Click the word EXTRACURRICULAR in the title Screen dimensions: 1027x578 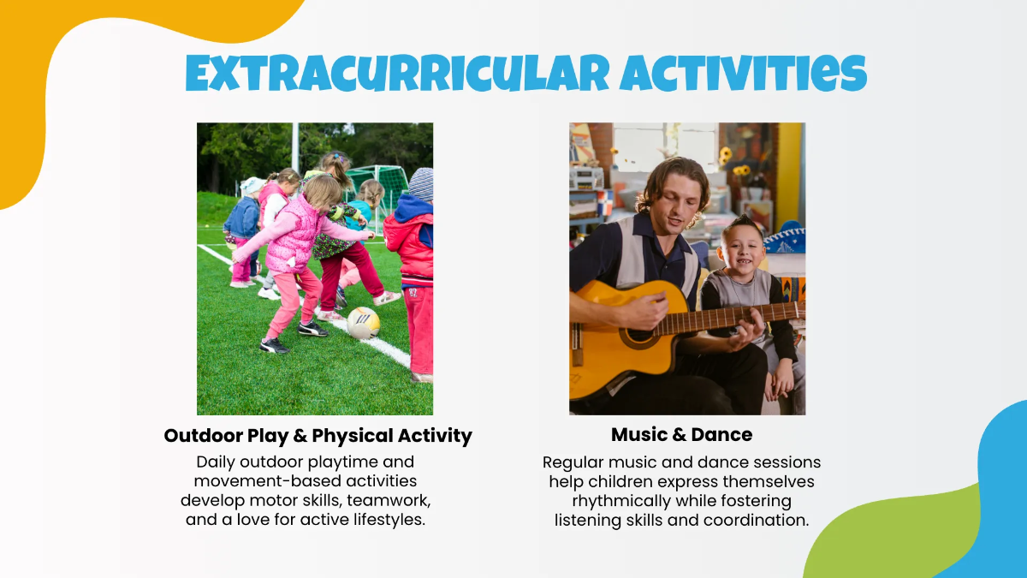pos(397,74)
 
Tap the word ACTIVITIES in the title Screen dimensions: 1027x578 pos(743,74)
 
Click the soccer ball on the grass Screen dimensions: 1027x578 pos(363,323)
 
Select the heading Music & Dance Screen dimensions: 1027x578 pos(681,434)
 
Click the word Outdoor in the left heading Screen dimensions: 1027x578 pos(203,435)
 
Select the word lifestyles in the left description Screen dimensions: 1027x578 pos(389,520)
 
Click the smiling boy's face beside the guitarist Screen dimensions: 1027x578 pos(743,252)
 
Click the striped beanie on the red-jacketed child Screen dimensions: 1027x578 pos(421,183)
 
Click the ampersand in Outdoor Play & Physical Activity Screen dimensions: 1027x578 pos(300,435)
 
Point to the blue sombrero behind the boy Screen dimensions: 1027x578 pos(786,238)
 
